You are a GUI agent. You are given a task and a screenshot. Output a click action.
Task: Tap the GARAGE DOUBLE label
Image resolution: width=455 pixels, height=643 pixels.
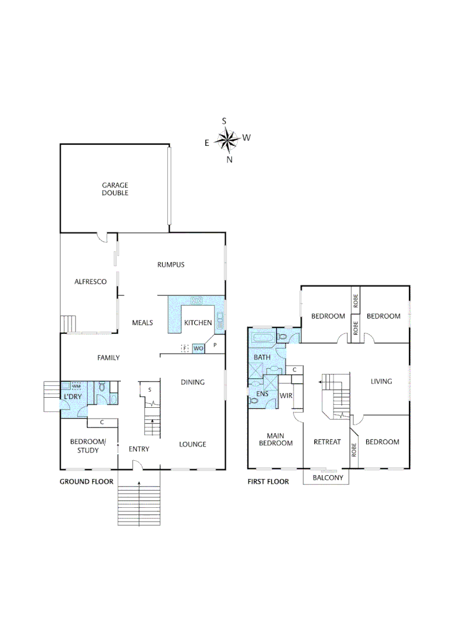click(x=115, y=189)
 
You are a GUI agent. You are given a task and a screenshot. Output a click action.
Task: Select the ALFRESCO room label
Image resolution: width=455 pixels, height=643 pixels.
click(x=91, y=282)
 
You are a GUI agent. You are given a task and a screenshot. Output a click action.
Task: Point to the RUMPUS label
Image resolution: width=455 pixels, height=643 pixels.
click(x=171, y=264)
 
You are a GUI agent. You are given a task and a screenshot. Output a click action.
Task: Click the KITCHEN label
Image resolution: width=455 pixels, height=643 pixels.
click(x=198, y=323)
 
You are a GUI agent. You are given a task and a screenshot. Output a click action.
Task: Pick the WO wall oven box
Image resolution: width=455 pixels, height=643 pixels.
click(x=198, y=348)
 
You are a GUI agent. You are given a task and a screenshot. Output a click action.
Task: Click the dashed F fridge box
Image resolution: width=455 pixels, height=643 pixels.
click(x=185, y=348)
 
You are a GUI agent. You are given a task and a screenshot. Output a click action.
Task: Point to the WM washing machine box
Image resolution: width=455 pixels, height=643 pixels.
click(x=76, y=386)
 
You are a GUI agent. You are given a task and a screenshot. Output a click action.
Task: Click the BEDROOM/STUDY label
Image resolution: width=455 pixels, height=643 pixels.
click(x=88, y=445)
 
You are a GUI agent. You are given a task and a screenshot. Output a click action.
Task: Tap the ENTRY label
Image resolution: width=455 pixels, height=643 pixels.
click(x=139, y=449)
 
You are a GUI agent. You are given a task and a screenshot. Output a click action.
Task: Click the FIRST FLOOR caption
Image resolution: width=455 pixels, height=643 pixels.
click(x=268, y=482)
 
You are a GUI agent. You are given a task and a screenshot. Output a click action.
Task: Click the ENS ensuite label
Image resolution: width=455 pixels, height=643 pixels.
click(x=262, y=394)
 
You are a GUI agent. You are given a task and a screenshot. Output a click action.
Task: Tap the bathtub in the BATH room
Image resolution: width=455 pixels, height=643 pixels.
click(x=263, y=340)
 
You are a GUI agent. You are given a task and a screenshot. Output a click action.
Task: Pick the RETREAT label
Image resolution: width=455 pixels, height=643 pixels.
click(x=327, y=442)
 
